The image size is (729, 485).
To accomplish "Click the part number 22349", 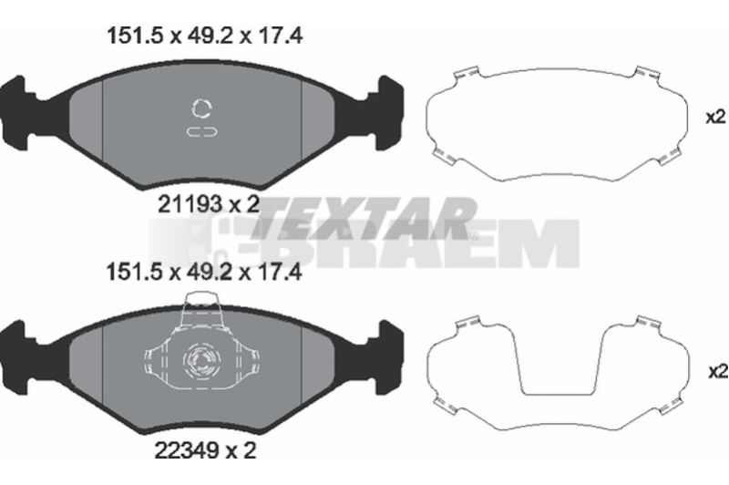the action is [186, 450].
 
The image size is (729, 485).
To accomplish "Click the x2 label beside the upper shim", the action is [716, 118].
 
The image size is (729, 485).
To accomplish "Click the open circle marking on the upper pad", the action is [201, 108].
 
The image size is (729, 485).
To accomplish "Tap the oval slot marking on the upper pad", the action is [201, 132].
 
